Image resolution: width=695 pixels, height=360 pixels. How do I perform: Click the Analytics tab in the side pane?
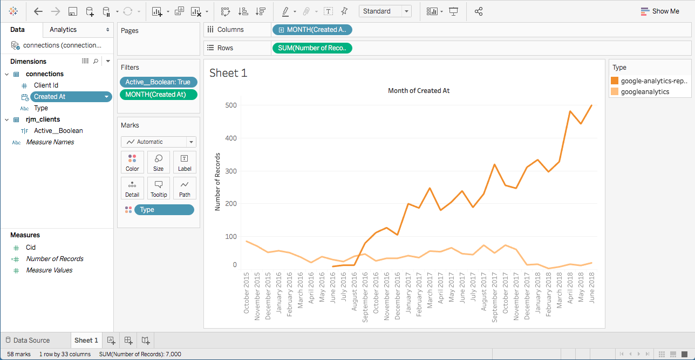[63, 30]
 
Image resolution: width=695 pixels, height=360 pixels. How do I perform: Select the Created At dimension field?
[50, 97]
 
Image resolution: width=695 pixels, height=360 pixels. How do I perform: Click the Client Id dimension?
[46, 85]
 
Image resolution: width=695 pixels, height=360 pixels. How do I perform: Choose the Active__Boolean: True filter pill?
[158, 82]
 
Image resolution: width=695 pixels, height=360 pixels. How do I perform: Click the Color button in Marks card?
[132, 162]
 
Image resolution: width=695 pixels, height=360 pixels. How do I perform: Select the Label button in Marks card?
[185, 162]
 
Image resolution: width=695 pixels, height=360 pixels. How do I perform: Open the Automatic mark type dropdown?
[158, 142]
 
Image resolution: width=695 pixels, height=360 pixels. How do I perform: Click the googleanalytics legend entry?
[645, 92]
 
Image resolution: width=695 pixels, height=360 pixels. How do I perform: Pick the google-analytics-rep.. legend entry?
[653, 81]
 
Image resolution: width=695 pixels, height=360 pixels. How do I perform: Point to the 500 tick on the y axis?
[230, 105]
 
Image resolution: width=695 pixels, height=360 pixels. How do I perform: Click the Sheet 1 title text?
[228, 73]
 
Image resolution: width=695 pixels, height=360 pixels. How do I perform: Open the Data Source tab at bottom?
[31, 341]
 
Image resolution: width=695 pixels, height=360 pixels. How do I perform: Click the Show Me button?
[659, 11]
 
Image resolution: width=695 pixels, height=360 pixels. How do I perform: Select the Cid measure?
[31, 248]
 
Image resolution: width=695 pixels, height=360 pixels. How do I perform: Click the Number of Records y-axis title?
[218, 183]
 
